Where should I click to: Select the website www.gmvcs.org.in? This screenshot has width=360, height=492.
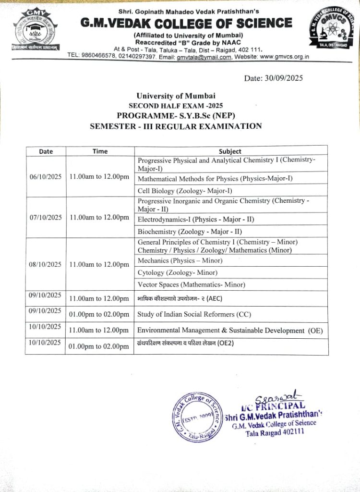pos(284,57)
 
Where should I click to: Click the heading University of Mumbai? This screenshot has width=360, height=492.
pos(176,96)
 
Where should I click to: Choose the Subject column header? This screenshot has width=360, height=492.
pos(230,151)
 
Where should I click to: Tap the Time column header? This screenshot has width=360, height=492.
pos(100,151)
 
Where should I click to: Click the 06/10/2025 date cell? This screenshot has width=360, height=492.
pos(46,177)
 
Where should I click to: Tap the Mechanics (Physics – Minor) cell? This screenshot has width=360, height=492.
pos(180,260)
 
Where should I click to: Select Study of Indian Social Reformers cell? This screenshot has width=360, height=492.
pos(194,315)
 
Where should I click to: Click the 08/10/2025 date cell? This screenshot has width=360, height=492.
pos(46,264)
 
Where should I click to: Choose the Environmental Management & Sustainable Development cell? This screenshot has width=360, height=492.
pos(230,331)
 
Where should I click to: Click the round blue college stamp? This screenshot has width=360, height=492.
pos(194,415)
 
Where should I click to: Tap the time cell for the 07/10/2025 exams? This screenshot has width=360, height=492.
pos(99,218)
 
